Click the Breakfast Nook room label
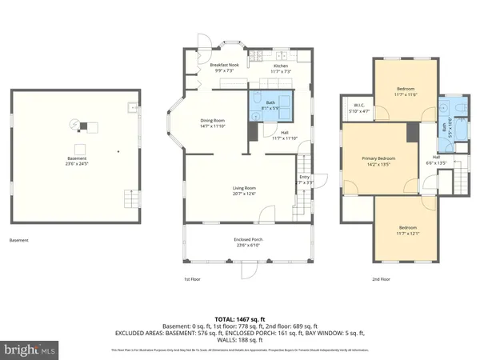point(220,68)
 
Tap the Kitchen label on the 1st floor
point(281,68)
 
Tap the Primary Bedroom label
point(379,162)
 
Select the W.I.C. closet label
point(359,108)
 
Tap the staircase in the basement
point(128,196)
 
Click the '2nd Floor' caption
point(381,279)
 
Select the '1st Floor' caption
point(192,279)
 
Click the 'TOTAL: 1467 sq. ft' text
point(240,318)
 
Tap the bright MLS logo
point(30,350)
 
